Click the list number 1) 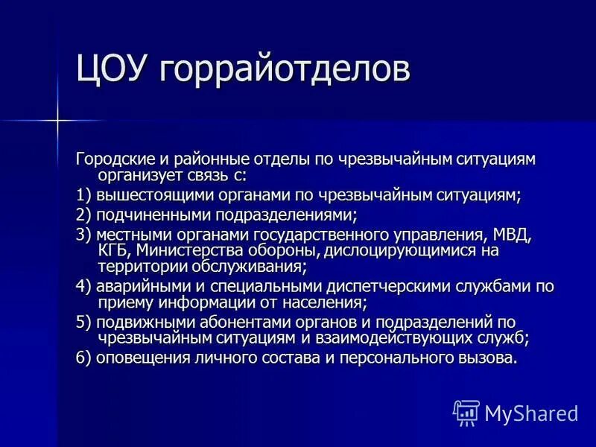[x=83, y=196]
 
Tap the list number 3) [x=83, y=235]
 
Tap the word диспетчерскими [x=383, y=287]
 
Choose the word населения [x=321, y=302]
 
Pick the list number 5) [x=83, y=323]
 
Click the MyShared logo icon [x=466, y=412]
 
